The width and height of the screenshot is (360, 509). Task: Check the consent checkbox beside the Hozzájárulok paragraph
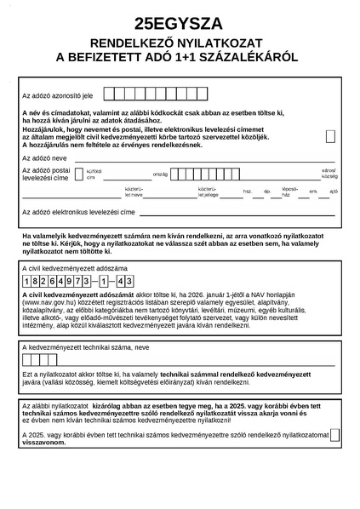coord(330,136)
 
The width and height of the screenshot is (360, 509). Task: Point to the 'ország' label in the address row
coord(160,174)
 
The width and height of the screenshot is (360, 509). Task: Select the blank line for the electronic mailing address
coord(238,212)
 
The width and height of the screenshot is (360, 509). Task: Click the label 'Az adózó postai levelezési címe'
coord(46,175)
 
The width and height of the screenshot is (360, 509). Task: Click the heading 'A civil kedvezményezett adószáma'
coord(67,267)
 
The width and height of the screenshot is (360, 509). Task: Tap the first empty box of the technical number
coord(27,360)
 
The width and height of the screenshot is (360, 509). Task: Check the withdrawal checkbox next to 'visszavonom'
coord(334,434)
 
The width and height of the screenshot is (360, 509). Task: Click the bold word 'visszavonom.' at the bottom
coord(43,443)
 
